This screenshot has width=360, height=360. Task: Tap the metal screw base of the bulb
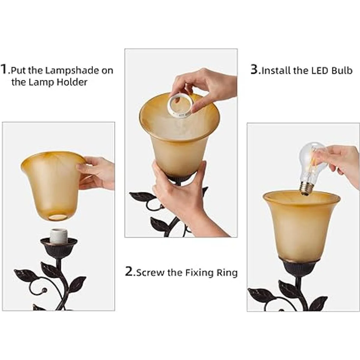(307, 189)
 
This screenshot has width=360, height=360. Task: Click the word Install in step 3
(276, 70)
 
